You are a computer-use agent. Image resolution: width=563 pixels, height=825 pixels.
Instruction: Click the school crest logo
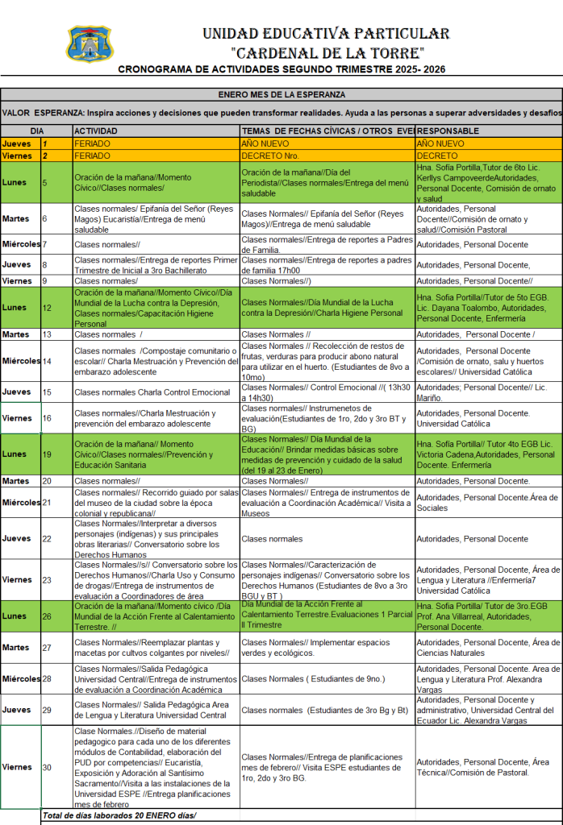tap(90, 44)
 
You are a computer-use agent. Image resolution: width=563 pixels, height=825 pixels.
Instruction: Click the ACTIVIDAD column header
tap(96, 131)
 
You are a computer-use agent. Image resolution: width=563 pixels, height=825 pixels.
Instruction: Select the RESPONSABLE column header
tap(448, 131)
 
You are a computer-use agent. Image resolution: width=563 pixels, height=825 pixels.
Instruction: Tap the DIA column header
tap(37, 131)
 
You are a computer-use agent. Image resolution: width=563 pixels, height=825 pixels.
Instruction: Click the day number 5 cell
tap(45, 183)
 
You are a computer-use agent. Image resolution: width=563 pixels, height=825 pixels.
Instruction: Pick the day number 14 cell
tap(47, 361)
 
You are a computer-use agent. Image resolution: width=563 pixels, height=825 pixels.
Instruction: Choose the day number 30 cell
tap(47, 767)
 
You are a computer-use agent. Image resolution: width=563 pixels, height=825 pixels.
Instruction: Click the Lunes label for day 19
tap(15, 454)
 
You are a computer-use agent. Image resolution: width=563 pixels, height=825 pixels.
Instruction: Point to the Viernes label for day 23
tap(17, 579)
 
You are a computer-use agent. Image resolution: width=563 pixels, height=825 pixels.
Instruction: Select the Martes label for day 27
tap(16, 647)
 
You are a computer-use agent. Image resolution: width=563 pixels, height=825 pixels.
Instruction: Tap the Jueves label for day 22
tap(16, 538)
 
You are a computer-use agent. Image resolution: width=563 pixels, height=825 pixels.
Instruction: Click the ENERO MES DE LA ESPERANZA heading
tap(281, 94)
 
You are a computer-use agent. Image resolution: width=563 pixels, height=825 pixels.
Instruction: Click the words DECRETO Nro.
tap(270, 155)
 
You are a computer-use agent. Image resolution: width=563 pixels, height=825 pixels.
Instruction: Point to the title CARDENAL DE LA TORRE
tap(327, 53)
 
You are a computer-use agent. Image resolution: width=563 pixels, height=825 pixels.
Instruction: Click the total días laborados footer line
tap(119, 815)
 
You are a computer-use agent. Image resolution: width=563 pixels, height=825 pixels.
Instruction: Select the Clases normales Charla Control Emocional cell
tap(152, 392)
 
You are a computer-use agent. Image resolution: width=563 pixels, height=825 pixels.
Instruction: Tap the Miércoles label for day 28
tap(20, 678)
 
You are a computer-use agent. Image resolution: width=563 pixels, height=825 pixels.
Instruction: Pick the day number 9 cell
tap(45, 280)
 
